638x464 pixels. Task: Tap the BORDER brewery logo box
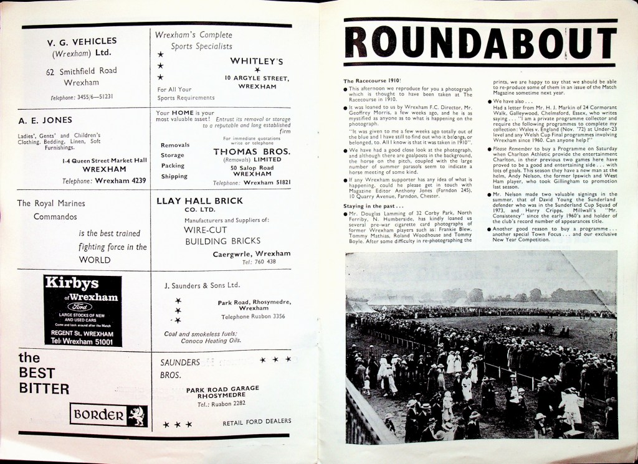pos(108,415)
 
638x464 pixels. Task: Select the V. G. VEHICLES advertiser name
pos(82,42)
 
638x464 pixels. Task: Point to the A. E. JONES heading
pos(45,120)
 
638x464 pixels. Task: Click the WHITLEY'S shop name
pos(257,61)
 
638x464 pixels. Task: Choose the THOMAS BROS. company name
pos(252,151)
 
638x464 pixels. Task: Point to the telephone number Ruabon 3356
pos(254,316)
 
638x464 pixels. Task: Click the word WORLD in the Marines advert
pos(95,260)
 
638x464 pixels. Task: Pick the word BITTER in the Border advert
pos(44,389)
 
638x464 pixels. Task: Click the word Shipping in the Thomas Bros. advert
pos(174,176)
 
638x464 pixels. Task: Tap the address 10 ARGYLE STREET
pos(257,78)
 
